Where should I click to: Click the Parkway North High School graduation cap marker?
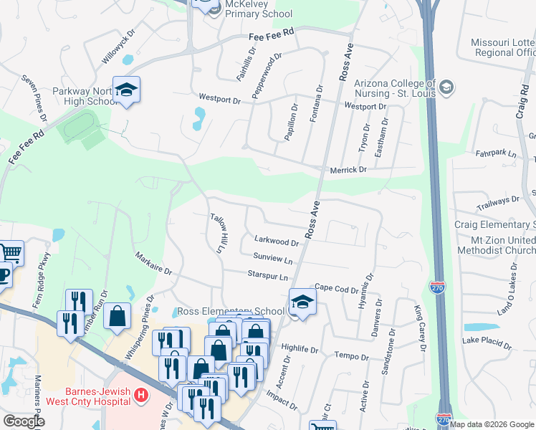click(127, 90)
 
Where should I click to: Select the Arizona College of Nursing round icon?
click(447, 87)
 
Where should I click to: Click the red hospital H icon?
click(141, 395)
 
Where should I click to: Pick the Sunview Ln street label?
click(272, 259)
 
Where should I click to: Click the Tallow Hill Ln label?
click(217, 232)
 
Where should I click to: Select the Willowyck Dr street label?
click(119, 48)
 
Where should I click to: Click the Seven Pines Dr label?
click(34, 97)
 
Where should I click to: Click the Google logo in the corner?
click(24, 421)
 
